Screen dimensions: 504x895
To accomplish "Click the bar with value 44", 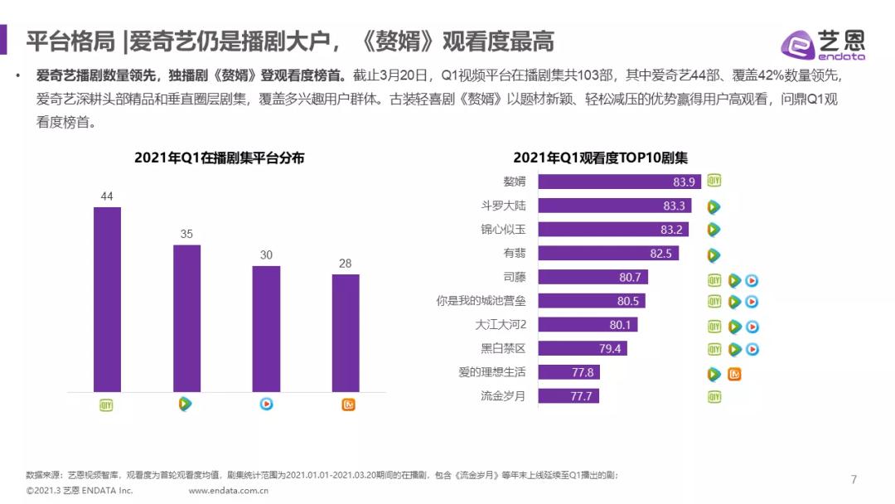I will (x=107, y=298).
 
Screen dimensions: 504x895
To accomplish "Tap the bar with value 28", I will (x=346, y=332).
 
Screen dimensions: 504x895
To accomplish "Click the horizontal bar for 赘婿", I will (x=619, y=182).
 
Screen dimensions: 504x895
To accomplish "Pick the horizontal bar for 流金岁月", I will (x=568, y=395).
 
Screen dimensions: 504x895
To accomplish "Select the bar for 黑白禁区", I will (x=583, y=348).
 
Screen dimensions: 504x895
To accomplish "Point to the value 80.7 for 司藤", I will (x=631, y=277).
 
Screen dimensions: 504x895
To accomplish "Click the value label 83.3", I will (x=674, y=206).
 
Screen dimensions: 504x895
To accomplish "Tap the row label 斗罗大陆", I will (x=503, y=206).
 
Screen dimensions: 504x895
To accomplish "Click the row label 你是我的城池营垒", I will (x=481, y=301).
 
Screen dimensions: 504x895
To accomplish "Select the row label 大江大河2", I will (x=501, y=325).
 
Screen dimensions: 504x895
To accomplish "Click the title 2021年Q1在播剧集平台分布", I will (x=220, y=157).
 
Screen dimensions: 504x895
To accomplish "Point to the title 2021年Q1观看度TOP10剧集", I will (x=601, y=157).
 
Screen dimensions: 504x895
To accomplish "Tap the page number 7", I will (x=854, y=479).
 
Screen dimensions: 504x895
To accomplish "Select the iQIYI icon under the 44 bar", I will (x=106, y=405).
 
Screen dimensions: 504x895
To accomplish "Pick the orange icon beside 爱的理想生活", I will (x=733, y=374).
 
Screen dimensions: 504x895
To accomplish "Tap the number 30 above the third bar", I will (x=266, y=254).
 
